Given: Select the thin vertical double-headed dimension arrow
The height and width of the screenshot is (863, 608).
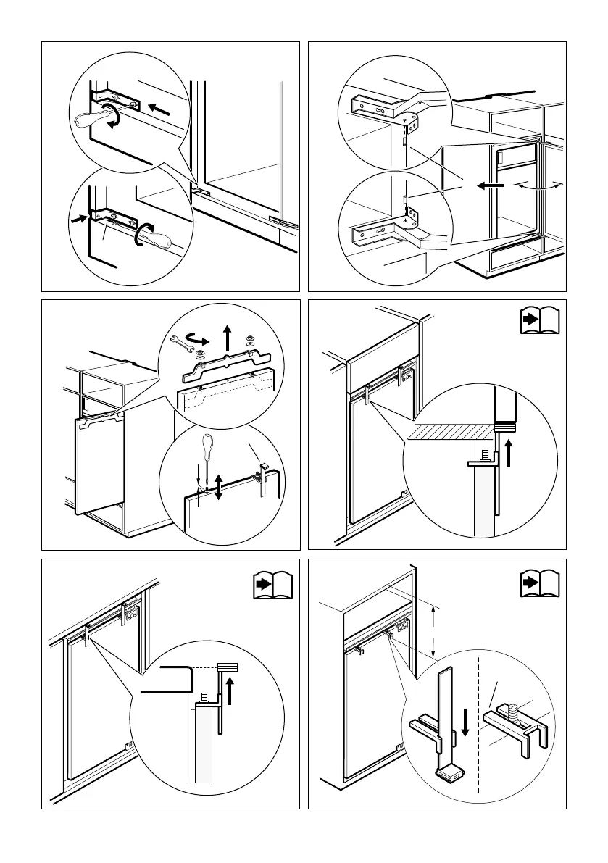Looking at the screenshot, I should pyautogui.click(x=433, y=631).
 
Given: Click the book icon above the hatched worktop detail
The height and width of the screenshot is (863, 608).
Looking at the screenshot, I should pyautogui.click(x=541, y=321).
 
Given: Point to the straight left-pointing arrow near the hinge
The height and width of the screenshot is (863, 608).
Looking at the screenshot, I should pyautogui.click(x=163, y=109).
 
